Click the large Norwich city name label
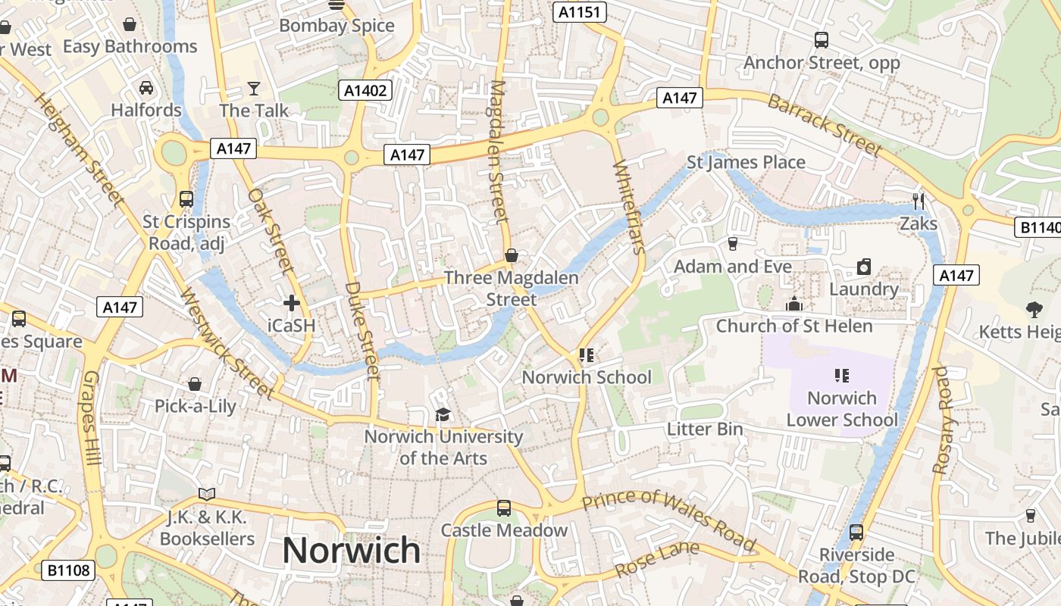point(351,551)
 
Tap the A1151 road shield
point(579,12)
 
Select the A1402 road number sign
point(365,91)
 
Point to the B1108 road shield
point(67,570)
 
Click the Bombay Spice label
point(336,26)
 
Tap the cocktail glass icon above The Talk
point(254,89)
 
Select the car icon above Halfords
point(146,88)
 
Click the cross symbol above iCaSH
point(291,304)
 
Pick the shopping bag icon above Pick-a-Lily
point(195,384)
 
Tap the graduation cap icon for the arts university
point(443,414)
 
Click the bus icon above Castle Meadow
point(504,508)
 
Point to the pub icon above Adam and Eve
point(732,244)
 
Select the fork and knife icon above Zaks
point(919,201)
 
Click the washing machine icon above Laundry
point(863,267)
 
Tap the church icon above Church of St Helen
point(794,304)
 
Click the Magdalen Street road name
point(498,151)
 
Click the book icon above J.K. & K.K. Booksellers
point(207,495)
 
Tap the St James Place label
point(746,162)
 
